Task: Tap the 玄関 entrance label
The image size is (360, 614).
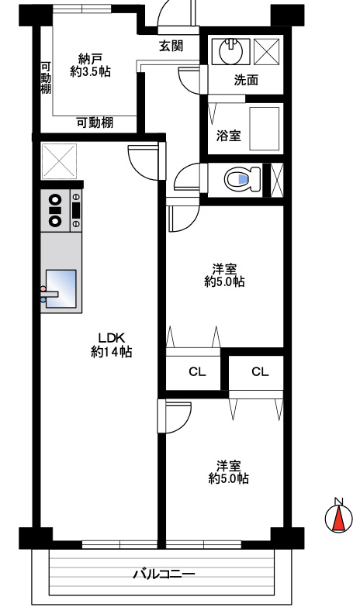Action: click(x=171, y=46)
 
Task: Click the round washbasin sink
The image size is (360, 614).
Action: click(x=230, y=52)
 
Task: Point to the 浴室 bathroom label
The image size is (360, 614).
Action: click(x=228, y=136)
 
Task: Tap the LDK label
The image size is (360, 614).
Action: click(x=111, y=337)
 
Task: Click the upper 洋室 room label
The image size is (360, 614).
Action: click(x=225, y=269)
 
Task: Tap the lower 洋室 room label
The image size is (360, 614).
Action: click(x=228, y=465)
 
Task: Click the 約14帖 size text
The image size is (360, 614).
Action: click(x=111, y=352)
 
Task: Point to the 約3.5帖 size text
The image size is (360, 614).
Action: click(x=91, y=71)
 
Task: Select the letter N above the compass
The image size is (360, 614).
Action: click(x=338, y=500)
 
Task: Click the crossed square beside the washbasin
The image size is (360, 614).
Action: click(x=266, y=51)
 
